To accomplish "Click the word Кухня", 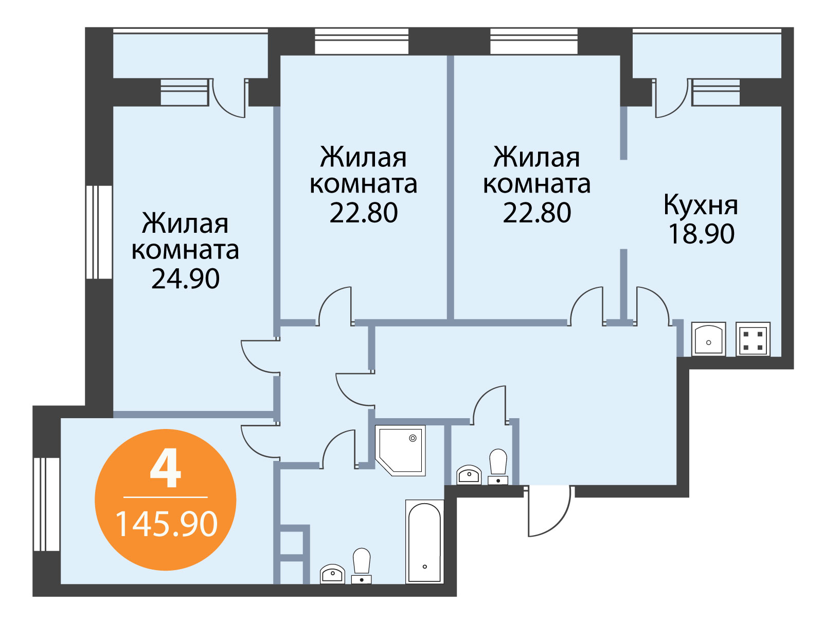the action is point(701,206).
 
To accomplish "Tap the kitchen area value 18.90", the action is point(701,234).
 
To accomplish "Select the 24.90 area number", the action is point(185,279).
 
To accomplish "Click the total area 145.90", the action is point(166,524).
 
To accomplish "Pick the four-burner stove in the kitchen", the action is point(753,339).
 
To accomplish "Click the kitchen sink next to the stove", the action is point(708,339).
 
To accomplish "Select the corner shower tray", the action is point(400,450).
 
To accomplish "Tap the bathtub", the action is point(424,542).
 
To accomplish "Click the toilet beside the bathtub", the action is point(362,566).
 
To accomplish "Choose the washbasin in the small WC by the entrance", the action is point(469,475).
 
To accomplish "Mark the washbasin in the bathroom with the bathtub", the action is point(332,574).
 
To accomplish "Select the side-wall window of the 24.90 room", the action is point(99,232).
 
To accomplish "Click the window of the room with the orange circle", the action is point(46,504).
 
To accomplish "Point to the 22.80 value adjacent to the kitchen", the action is point(537,213).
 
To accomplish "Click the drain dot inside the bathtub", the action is point(425,566).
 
